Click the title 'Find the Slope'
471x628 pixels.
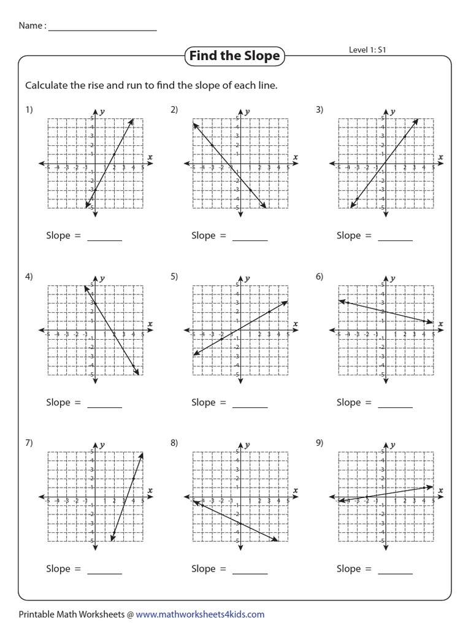coord(234,56)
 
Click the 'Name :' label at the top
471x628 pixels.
coord(32,26)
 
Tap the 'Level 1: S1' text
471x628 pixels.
coord(367,50)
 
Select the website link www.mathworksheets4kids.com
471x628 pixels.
coord(200,614)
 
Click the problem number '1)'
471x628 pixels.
coord(29,110)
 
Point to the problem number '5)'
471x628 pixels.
coord(174,277)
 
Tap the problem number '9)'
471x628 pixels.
coord(320,443)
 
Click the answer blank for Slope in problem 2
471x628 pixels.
coord(250,237)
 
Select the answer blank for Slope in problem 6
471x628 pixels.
coord(395,404)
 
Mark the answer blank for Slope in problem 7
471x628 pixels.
coord(105,570)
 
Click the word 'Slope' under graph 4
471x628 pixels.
coord(58,403)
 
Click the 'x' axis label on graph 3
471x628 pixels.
coord(440,158)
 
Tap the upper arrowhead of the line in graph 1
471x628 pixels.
coord(132,120)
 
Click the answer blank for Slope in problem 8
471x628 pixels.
coord(250,570)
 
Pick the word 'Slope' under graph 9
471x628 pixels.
coord(348,569)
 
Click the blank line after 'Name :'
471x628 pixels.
coord(102,28)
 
